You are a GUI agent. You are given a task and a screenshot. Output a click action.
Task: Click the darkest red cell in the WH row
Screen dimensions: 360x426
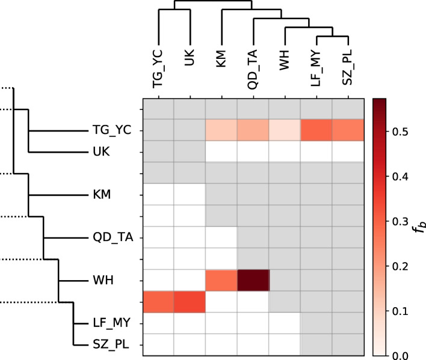tap(253, 280)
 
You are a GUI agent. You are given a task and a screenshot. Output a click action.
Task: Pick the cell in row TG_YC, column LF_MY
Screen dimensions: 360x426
tap(316, 130)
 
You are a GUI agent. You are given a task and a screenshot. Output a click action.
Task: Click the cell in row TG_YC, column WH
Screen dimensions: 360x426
tap(285, 130)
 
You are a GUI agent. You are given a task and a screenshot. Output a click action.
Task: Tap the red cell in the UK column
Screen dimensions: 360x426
tap(190, 302)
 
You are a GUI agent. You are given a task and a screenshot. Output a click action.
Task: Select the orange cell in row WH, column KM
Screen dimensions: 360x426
tap(221, 280)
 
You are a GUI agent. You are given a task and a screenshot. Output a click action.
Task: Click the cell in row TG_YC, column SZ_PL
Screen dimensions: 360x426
tap(348, 130)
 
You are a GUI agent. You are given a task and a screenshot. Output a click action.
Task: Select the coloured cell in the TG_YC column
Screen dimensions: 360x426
tap(158, 302)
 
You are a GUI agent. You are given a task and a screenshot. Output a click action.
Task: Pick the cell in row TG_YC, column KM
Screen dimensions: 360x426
tap(221, 130)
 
